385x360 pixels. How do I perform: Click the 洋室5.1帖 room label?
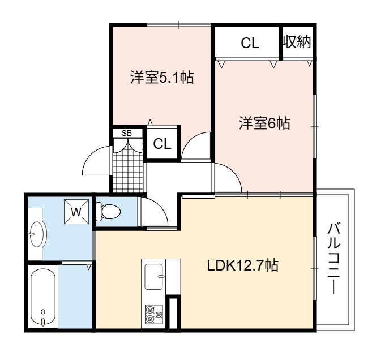coord(162,78)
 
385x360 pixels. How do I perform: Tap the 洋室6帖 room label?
coord(264,123)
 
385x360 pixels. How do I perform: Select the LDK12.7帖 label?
coord(243,265)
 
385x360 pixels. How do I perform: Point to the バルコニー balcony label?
coord(334,259)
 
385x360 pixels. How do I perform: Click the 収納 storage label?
coord(297,42)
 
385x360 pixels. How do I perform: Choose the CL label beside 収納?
coord(250,43)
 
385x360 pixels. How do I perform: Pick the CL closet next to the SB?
coord(162,144)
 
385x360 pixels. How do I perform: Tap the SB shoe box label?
coord(127,133)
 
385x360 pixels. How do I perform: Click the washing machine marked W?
coord(76,212)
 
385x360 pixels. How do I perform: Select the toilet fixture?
coord(108,212)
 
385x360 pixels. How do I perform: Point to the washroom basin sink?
coord(37,234)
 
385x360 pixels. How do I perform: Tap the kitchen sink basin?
coord(154,277)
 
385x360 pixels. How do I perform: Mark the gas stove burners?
coord(154,314)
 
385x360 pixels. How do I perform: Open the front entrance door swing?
coord(96,160)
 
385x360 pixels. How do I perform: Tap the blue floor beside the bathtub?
coord(75,296)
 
